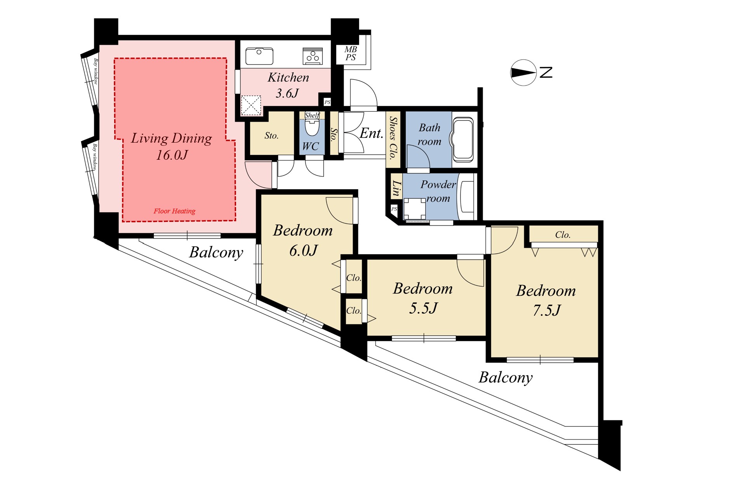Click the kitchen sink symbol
click(x=259, y=56)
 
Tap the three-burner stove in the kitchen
click(x=313, y=56)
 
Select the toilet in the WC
click(x=312, y=125)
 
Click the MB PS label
click(x=351, y=54)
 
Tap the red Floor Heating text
click(x=174, y=211)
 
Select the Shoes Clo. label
click(x=393, y=138)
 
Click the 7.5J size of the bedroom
click(x=546, y=311)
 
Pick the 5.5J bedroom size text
click(x=423, y=308)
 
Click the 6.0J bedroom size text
click(x=303, y=250)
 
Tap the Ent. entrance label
click(x=372, y=133)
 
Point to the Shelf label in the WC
click(x=312, y=115)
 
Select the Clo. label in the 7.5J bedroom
click(x=563, y=235)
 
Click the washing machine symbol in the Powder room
click(x=414, y=209)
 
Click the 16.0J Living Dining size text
click(x=172, y=155)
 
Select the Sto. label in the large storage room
click(x=271, y=136)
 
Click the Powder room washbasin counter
click(x=466, y=197)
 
